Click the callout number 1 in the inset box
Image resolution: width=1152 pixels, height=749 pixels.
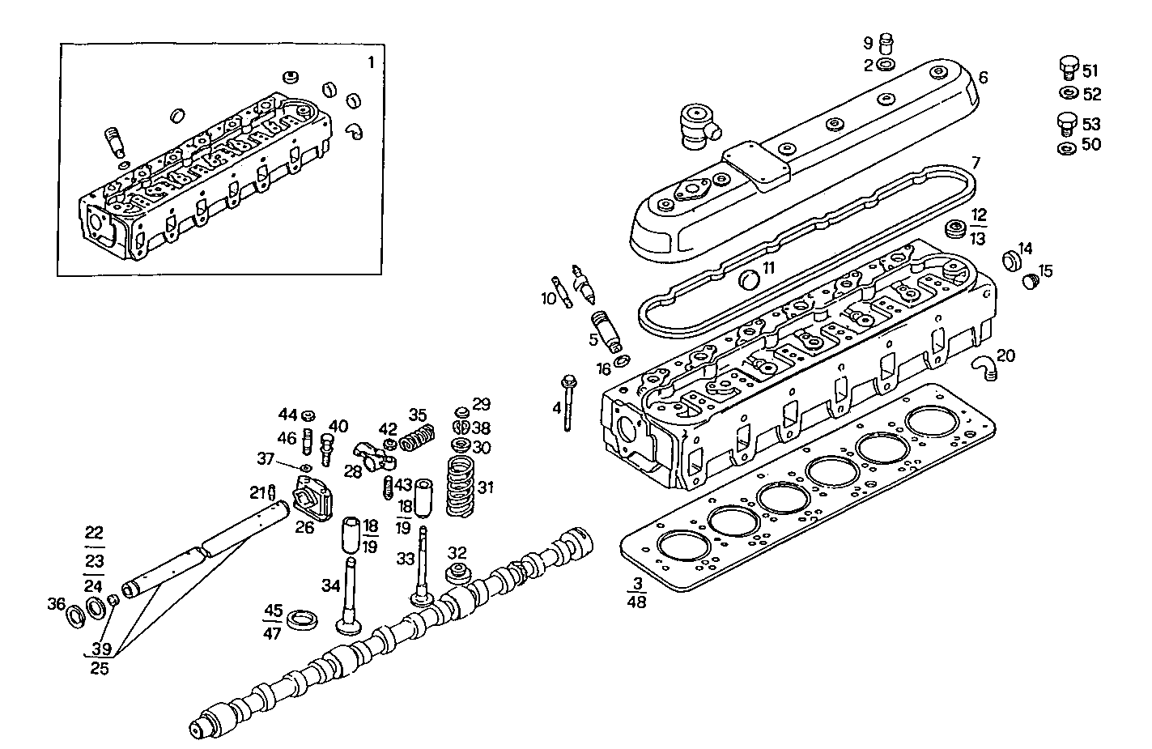pos(371,62)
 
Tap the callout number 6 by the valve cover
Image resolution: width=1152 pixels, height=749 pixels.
pos(983,78)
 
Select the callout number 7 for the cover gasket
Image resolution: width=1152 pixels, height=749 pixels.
pos(976,164)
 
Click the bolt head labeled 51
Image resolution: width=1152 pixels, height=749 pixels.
pos(1069,66)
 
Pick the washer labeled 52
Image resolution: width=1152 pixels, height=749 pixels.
pos(1068,94)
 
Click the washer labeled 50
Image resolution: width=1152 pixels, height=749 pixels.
pos(1068,148)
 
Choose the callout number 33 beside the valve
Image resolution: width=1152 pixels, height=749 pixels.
pos(406,559)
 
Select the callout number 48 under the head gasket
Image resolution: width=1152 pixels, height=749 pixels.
pos(636,601)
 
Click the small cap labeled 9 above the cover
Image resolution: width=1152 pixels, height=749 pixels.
pos(886,40)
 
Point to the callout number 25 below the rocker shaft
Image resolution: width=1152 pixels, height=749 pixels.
pos(100,669)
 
